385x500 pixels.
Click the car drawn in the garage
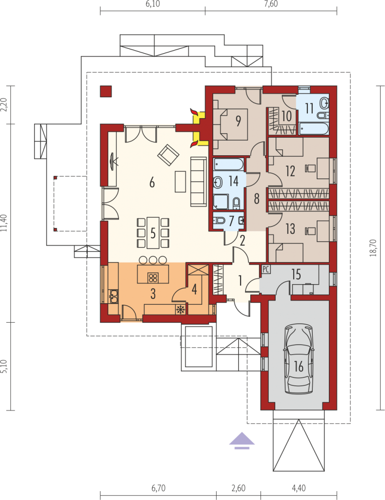click(299, 359)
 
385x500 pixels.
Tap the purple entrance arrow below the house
click(242, 440)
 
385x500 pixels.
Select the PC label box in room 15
click(266, 270)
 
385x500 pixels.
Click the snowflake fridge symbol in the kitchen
click(181, 309)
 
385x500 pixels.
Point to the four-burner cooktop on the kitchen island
click(153, 278)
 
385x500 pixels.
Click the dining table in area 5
click(153, 233)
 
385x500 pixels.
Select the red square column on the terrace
click(106, 91)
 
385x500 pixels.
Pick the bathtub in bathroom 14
click(228, 164)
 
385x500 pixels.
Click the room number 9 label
click(238, 121)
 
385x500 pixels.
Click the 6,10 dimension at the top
click(153, 4)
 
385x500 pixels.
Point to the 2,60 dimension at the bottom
click(239, 488)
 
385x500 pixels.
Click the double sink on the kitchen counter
click(113, 296)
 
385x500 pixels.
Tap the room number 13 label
click(290, 229)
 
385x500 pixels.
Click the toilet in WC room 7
click(220, 220)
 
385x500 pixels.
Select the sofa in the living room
click(198, 181)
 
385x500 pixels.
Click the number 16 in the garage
click(299, 367)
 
